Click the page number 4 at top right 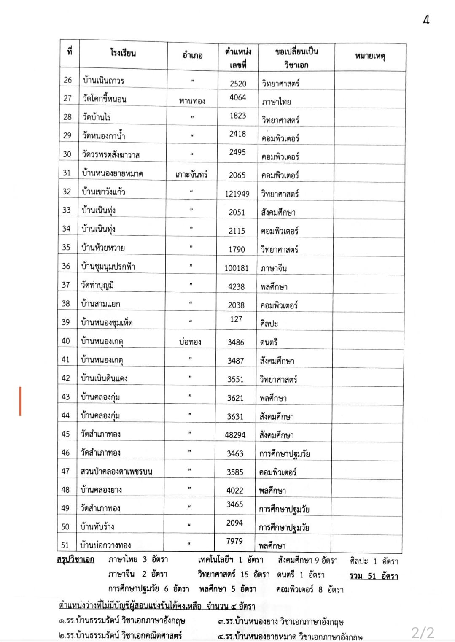426,19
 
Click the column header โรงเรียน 123,53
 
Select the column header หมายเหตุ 370,56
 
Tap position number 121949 237,194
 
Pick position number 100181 236,268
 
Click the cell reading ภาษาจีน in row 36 274,268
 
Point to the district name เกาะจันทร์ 191,174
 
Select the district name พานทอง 192,101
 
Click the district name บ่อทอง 190,342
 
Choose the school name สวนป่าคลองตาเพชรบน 116,471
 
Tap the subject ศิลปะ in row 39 269,324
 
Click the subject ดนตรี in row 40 269,342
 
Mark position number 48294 235,435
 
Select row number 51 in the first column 65,545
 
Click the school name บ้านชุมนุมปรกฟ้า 108,266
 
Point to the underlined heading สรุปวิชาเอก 75,560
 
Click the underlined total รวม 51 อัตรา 374,576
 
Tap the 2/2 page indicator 423,632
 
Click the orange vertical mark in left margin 20,401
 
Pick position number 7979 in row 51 234,541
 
